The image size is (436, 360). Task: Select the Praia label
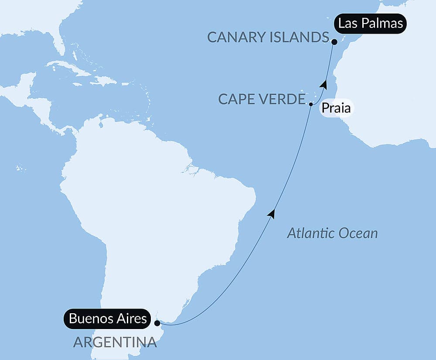[x=336, y=108]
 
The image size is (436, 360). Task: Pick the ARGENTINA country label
[x=115, y=342]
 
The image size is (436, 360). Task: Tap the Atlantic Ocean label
[x=332, y=233]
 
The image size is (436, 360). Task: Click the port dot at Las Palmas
[x=334, y=42]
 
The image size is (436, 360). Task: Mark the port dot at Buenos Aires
[x=157, y=323]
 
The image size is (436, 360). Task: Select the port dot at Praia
[x=311, y=104]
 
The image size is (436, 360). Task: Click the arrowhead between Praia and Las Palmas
[x=323, y=83]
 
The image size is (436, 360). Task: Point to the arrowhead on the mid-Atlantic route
[x=272, y=213]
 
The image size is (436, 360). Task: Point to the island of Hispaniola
[x=104, y=81]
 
